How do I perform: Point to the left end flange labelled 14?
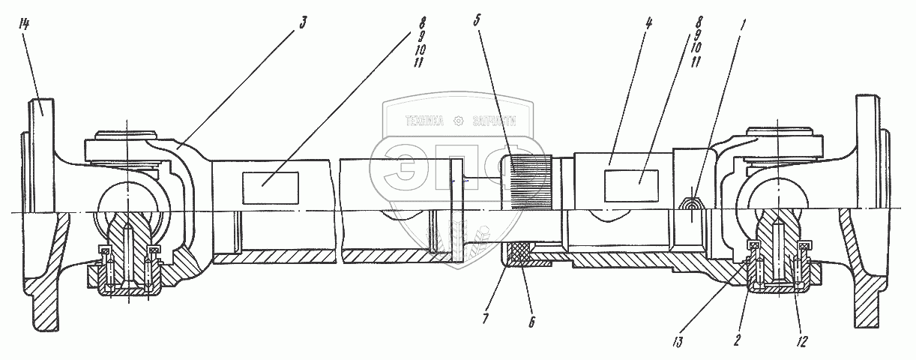coord(43,120)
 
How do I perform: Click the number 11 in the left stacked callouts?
coord(418,63)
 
